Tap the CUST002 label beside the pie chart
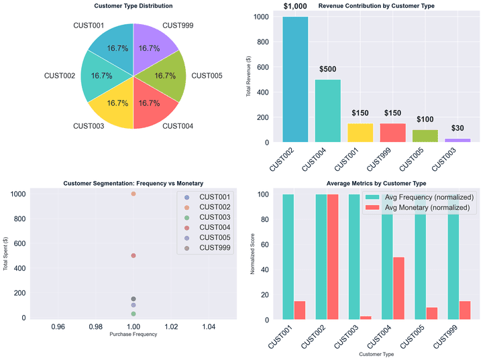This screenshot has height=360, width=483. [60, 75]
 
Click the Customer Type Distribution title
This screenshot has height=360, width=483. [133, 6]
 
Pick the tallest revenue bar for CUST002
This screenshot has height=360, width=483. [295, 79]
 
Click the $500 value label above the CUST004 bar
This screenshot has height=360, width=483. [327, 69]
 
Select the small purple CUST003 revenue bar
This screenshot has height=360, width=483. [458, 140]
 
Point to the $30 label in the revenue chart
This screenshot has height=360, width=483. [458, 128]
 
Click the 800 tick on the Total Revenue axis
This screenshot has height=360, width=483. [264, 42]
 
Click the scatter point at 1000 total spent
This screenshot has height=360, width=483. [133, 194]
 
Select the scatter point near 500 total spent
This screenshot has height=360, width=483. [133, 255]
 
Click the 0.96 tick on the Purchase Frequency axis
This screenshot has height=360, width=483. [58, 326]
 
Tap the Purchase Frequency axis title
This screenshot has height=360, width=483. [133, 335]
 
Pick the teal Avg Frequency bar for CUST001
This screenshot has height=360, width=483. [288, 257]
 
